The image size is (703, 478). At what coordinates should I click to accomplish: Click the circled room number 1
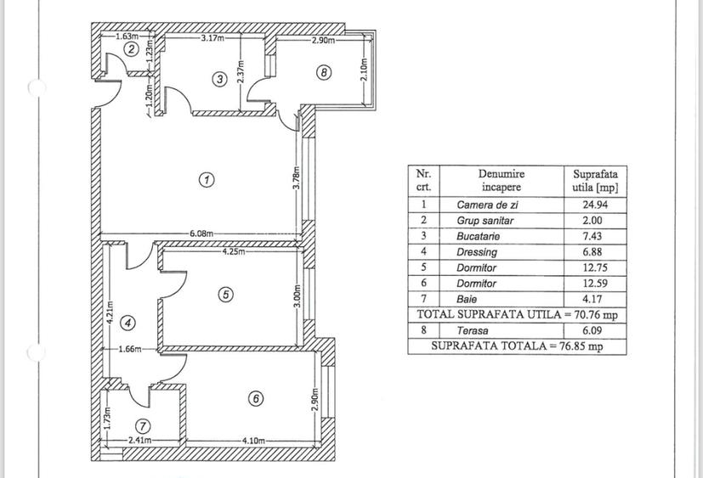pyautogui.click(x=206, y=179)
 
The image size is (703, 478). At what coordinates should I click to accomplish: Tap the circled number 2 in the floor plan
pyautogui.click(x=130, y=49)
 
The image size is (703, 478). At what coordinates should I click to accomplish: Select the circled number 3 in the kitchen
pyautogui.click(x=219, y=79)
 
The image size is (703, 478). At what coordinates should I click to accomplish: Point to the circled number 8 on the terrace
pyautogui.click(x=323, y=73)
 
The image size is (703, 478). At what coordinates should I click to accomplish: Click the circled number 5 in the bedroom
pyautogui.click(x=225, y=295)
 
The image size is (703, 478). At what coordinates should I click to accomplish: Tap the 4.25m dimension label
pyautogui.click(x=235, y=251)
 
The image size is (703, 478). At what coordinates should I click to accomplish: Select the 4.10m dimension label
pyautogui.click(x=252, y=441)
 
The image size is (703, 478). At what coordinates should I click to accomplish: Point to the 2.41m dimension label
pyautogui.click(x=140, y=441)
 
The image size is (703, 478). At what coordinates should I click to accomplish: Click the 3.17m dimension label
pyautogui.click(x=213, y=38)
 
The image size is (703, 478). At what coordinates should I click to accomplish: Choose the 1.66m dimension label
pyautogui.click(x=130, y=349)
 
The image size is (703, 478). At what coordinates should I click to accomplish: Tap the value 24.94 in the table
pyautogui.click(x=595, y=205)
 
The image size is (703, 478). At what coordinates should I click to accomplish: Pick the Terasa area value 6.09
pyautogui.click(x=595, y=330)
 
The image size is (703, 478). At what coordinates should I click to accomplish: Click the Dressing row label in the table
pyautogui.click(x=477, y=252)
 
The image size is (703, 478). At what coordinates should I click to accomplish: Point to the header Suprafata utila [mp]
pyautogui.click(x=595, y=179)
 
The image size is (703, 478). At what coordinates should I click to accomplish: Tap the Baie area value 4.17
pyautogui.click(x=595, y=299)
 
